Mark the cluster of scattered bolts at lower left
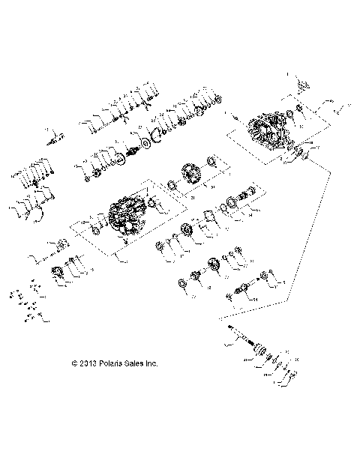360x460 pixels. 31,303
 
